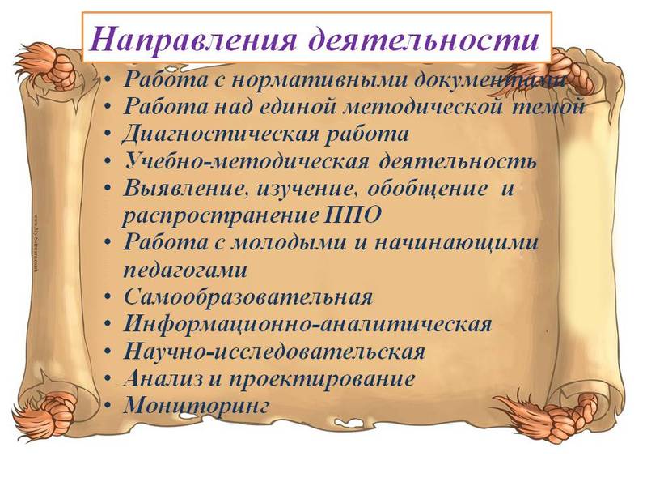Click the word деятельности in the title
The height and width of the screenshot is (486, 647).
click(x=421, y=38)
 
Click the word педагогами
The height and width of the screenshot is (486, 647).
click(x=185, y=268)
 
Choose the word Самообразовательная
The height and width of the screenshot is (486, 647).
click(x=248, y=296)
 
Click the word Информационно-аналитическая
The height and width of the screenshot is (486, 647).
click(x=307, y=324)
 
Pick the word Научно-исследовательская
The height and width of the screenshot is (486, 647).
click(x=274, y=352)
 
